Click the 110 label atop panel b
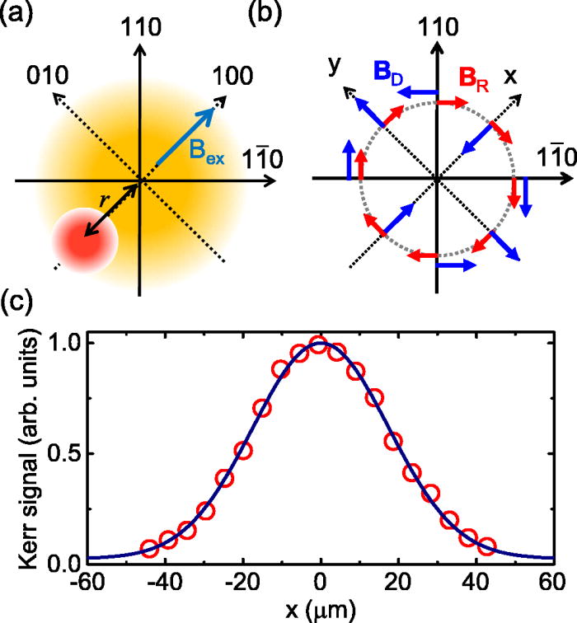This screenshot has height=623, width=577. point(436,27)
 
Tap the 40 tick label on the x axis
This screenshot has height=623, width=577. point(467,583)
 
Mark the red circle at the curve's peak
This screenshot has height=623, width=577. point(320,344)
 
